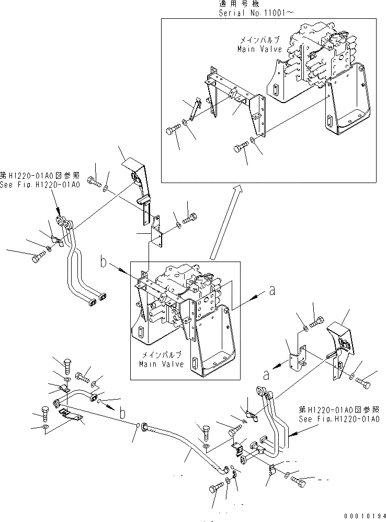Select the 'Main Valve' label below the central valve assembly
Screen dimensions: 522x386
(162, 364)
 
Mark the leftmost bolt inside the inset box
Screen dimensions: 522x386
(174, 130)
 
